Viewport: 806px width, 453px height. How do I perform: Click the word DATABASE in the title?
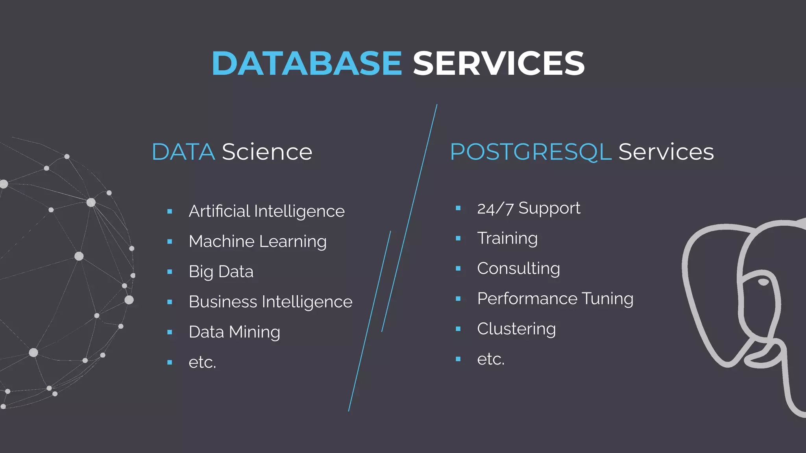tap(307, 63)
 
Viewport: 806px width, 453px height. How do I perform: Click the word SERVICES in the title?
tap(499, 63)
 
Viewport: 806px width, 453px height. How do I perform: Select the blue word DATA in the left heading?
tap(183, 152)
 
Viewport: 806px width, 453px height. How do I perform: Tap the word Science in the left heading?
tap(267, 152)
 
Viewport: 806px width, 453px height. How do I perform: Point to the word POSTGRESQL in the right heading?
tap(531, 152)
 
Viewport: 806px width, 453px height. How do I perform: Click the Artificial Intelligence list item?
tap(266, 212)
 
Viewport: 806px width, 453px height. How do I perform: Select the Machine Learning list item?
tap(257, 241)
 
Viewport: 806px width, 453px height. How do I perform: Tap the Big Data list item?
tap(221, 272)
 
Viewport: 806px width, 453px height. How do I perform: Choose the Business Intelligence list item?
tap(270, 302)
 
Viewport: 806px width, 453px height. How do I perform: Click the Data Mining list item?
tap(234, 332)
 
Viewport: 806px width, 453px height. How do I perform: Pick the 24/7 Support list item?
tap(529, 208)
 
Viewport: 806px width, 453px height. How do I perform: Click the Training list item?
tap(507, 238)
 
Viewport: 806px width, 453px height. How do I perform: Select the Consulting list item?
tap(518, 269)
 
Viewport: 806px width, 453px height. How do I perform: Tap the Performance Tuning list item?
tap(555, 299)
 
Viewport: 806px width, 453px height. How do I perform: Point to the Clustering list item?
tap(516, 329)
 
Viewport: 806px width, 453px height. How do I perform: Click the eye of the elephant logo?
tap(763, 282)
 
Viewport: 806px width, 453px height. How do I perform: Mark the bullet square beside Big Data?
tap(170, 272)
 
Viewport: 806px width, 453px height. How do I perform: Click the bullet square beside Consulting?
tap(458, 269)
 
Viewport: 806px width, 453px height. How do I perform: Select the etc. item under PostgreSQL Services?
tap(491, 359)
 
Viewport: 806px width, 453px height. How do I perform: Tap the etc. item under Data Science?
tap(202, 362)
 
